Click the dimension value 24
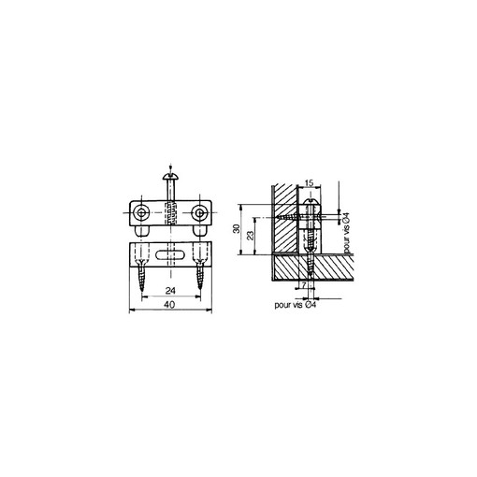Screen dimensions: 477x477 (x=170, y=291)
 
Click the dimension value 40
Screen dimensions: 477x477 (x=170, y=304)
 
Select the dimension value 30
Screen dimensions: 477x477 (x=237, y=228)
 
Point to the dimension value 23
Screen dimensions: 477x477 (x=250, y=236)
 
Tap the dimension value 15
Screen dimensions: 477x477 (x=309, y=183)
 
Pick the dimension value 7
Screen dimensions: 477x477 (x=304, y=284)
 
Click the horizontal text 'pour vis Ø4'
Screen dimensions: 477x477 (x=296, y=305)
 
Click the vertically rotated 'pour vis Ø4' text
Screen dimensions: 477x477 (x=346, y=233)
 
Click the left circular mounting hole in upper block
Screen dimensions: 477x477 (x=141, y=213)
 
